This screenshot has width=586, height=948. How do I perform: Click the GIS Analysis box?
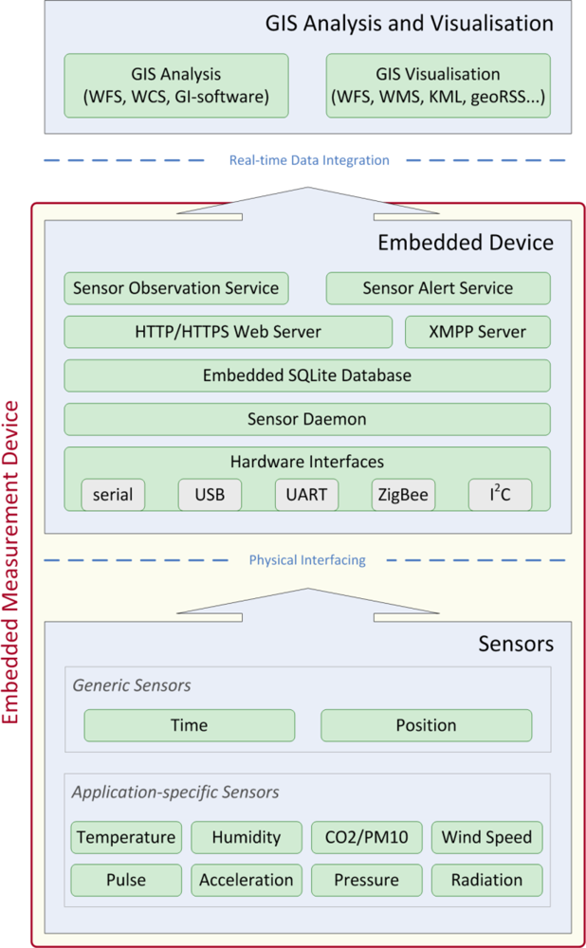point(176,85)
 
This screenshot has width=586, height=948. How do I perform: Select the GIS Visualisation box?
point(437,85)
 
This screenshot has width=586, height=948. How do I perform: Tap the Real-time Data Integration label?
point(309,160)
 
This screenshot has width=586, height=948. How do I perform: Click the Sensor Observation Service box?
point(176,288)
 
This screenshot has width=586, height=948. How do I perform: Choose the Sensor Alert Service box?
point(437,288)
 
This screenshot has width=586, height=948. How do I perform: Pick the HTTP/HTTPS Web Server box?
point(228,332)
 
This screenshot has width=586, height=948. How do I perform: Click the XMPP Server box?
point(477,332)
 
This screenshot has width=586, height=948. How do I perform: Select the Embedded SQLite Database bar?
point(306,375)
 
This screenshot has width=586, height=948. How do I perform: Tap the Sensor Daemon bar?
point(306,419)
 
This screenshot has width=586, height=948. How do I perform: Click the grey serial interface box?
point(113,495)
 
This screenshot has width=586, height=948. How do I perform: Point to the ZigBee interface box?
point(403,495)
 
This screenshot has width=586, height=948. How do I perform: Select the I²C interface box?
point(500,495)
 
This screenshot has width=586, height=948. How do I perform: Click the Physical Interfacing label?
point(307,560)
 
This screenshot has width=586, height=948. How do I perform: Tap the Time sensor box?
point(189,725)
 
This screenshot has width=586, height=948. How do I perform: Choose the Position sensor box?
point(426,725)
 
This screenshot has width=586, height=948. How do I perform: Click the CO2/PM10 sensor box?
point(367,837)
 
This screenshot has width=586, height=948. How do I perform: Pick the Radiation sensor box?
point(487,880)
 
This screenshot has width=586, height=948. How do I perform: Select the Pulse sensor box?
point(125,880)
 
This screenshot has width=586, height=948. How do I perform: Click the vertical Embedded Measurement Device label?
point(12,562)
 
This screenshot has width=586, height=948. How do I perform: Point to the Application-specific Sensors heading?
point(175,792)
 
